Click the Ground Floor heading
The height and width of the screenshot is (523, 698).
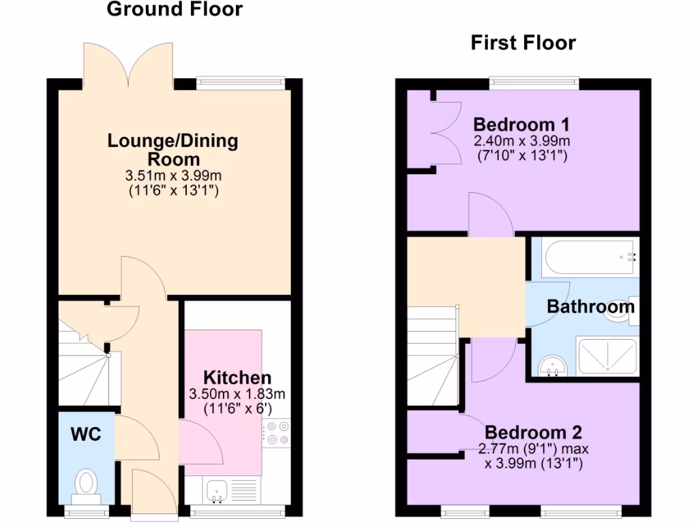174,10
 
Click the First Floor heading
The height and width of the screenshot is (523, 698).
523,43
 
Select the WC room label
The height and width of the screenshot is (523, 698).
86,433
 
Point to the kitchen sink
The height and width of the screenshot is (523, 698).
217,489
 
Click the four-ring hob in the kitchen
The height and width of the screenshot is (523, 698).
276,432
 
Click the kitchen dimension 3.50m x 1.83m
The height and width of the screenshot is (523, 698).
237,394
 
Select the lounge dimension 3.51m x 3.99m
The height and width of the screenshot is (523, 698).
173,176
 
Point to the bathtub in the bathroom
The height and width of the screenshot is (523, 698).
590,257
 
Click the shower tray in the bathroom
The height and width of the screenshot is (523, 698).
607,356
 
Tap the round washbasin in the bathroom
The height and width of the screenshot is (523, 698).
553,367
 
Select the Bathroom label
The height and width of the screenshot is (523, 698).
590,307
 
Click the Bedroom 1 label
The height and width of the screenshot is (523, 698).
521,125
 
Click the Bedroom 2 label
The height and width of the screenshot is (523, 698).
533,432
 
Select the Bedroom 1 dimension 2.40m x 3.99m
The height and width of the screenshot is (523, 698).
521,141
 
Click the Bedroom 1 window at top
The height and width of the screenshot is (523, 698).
534,83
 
